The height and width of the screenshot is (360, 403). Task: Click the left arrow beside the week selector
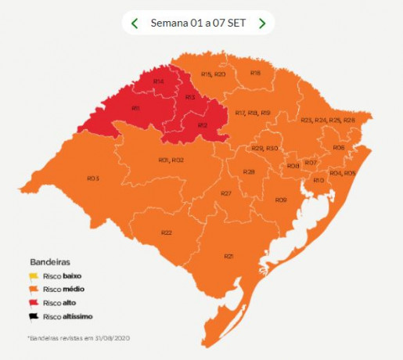(x=135, y=23)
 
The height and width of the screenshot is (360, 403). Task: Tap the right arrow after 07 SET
(x=262, y=23)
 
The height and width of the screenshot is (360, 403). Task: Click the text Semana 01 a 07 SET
(x=198, y=23)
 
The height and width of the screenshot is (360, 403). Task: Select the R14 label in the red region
(x=158, y=81)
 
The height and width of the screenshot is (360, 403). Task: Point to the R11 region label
(x=135, y=108)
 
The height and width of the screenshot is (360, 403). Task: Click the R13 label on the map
(x=190, y=97)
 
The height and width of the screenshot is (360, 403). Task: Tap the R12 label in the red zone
(x=202, y=125)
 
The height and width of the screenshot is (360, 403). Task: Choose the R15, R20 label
(x=214, y=74)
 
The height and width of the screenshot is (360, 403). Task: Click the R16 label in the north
(x=255, y=73)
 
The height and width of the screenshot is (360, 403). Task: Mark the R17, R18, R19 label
(x=253, y=113)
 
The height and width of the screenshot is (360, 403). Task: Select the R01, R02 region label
(x=171, y=160)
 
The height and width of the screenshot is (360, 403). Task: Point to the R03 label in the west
(x=92, y=179)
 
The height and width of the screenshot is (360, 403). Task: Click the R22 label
(x=166, y=232)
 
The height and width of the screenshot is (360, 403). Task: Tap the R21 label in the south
(x=228, y=256)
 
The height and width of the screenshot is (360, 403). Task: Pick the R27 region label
(x=225, y=193)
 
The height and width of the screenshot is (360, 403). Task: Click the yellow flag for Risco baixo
(x=34, y=276)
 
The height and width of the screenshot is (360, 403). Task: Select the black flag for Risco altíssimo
(x=34, y=316)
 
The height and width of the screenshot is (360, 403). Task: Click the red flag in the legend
(x=34, y=303)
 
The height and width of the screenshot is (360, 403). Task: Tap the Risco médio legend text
(x=62, y=290)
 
